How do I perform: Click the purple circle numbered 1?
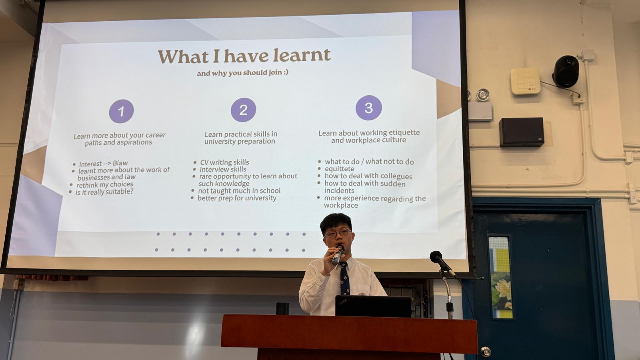coord(122,112)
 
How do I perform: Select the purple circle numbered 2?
coord(244,110)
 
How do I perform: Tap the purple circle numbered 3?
coord(369,108)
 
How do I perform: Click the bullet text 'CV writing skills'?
coord(224,162)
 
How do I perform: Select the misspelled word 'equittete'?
coord(340,169)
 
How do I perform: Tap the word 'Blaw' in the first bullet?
coord(120,163)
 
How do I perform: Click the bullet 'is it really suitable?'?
coord(104,192)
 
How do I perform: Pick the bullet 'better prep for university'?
coord(237,198)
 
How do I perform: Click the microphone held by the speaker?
coord(338,255)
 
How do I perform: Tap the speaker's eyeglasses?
coord(338,233)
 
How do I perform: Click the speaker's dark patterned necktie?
coord(344,278)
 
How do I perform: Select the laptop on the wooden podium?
coord(374,306)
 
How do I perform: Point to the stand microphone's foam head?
coord(436,257)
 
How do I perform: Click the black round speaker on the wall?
coord(566,72)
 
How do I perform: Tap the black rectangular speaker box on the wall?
coord(522,132)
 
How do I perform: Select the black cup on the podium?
coord(282,308)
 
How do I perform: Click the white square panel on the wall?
coord(525,81)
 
